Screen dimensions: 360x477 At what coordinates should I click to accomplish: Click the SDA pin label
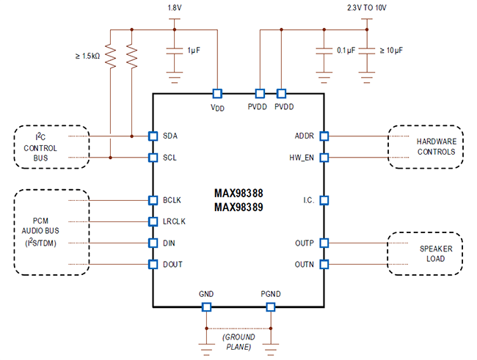[x=170, y=136]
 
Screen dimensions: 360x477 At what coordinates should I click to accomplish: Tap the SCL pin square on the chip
[x=153, y=157]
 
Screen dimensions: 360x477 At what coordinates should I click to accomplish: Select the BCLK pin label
[x=172, y=199]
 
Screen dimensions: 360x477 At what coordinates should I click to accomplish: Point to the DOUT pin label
[x=173, y=264]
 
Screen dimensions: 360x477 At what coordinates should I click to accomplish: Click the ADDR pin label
[x=305, y=136]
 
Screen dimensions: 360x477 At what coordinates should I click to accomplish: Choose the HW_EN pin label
[x=301, y=157]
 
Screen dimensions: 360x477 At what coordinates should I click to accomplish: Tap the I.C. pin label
[x=308, y=199]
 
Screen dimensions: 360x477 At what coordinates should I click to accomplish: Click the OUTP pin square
[x=324, y=243]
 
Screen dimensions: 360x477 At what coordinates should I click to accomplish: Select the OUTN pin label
[x=305, y=264]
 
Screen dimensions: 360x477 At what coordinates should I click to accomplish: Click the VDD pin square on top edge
[x=217, y=94]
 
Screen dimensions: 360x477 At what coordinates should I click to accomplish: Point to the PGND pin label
[x=271, y=294]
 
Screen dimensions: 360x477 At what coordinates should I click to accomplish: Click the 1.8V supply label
[x=175, y=7]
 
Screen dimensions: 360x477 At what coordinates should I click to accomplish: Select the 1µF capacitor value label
[x=194, y=51]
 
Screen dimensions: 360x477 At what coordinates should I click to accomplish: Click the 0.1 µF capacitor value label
[x=345, y=51]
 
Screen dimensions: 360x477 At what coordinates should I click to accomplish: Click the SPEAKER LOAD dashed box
[x=426, y=254]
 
